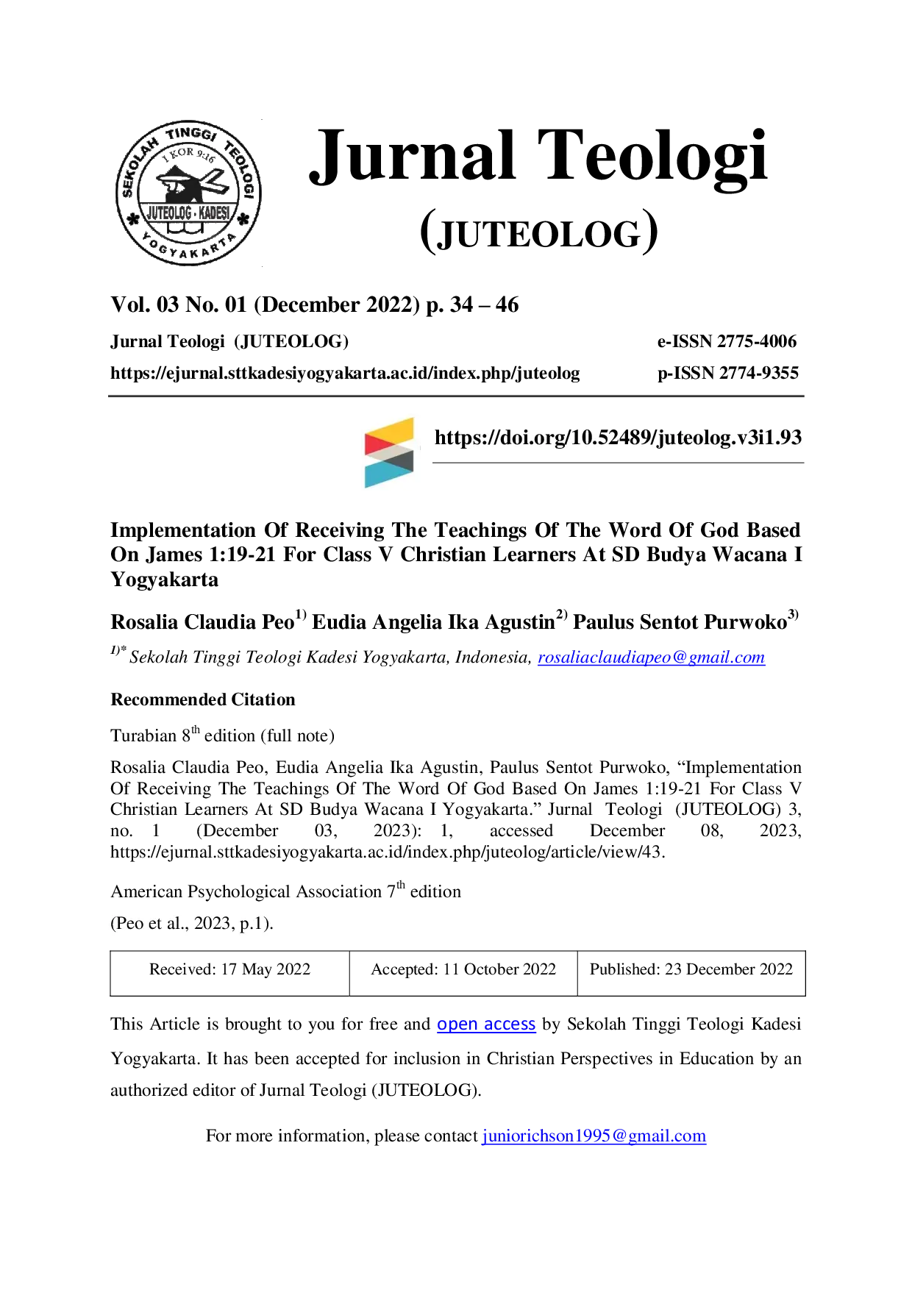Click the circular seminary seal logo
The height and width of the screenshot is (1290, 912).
click(x=188, y=193)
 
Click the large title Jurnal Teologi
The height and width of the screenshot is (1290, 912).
click(x=538, y=157)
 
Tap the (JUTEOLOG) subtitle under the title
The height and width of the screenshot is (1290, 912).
click(x=538, y=232)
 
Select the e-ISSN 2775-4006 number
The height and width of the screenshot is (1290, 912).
click(x=727, y=341)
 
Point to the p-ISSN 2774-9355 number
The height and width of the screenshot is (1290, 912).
click(x=728, y=373)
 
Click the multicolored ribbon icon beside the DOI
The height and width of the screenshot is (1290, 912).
click(x=389, y=452)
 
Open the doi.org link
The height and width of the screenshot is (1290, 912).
click(x=618, y=438)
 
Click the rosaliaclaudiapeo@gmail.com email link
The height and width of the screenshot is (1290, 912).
click(x=651, y=658)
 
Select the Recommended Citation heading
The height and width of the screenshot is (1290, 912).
click(x=203, y=699)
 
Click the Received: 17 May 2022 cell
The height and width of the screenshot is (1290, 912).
click(x=229, y=969)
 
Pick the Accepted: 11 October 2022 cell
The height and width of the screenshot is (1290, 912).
click(x=463, y=969)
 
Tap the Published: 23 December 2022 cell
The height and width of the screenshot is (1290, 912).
click(x=691, y=969)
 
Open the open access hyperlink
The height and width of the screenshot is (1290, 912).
click(x=486, y=1024)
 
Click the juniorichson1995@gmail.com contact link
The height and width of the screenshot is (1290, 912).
click(x=594, y=1136)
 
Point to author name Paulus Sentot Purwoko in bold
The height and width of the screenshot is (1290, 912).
click(x=680, y=622)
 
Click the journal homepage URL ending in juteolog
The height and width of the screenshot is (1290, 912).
click(x=345, y=374)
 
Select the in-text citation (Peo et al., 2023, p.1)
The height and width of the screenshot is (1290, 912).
click(x=192, y=924)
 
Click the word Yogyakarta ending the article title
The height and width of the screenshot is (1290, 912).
click(x=165, y=580)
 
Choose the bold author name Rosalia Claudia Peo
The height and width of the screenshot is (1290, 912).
click(x=202, y=622)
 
